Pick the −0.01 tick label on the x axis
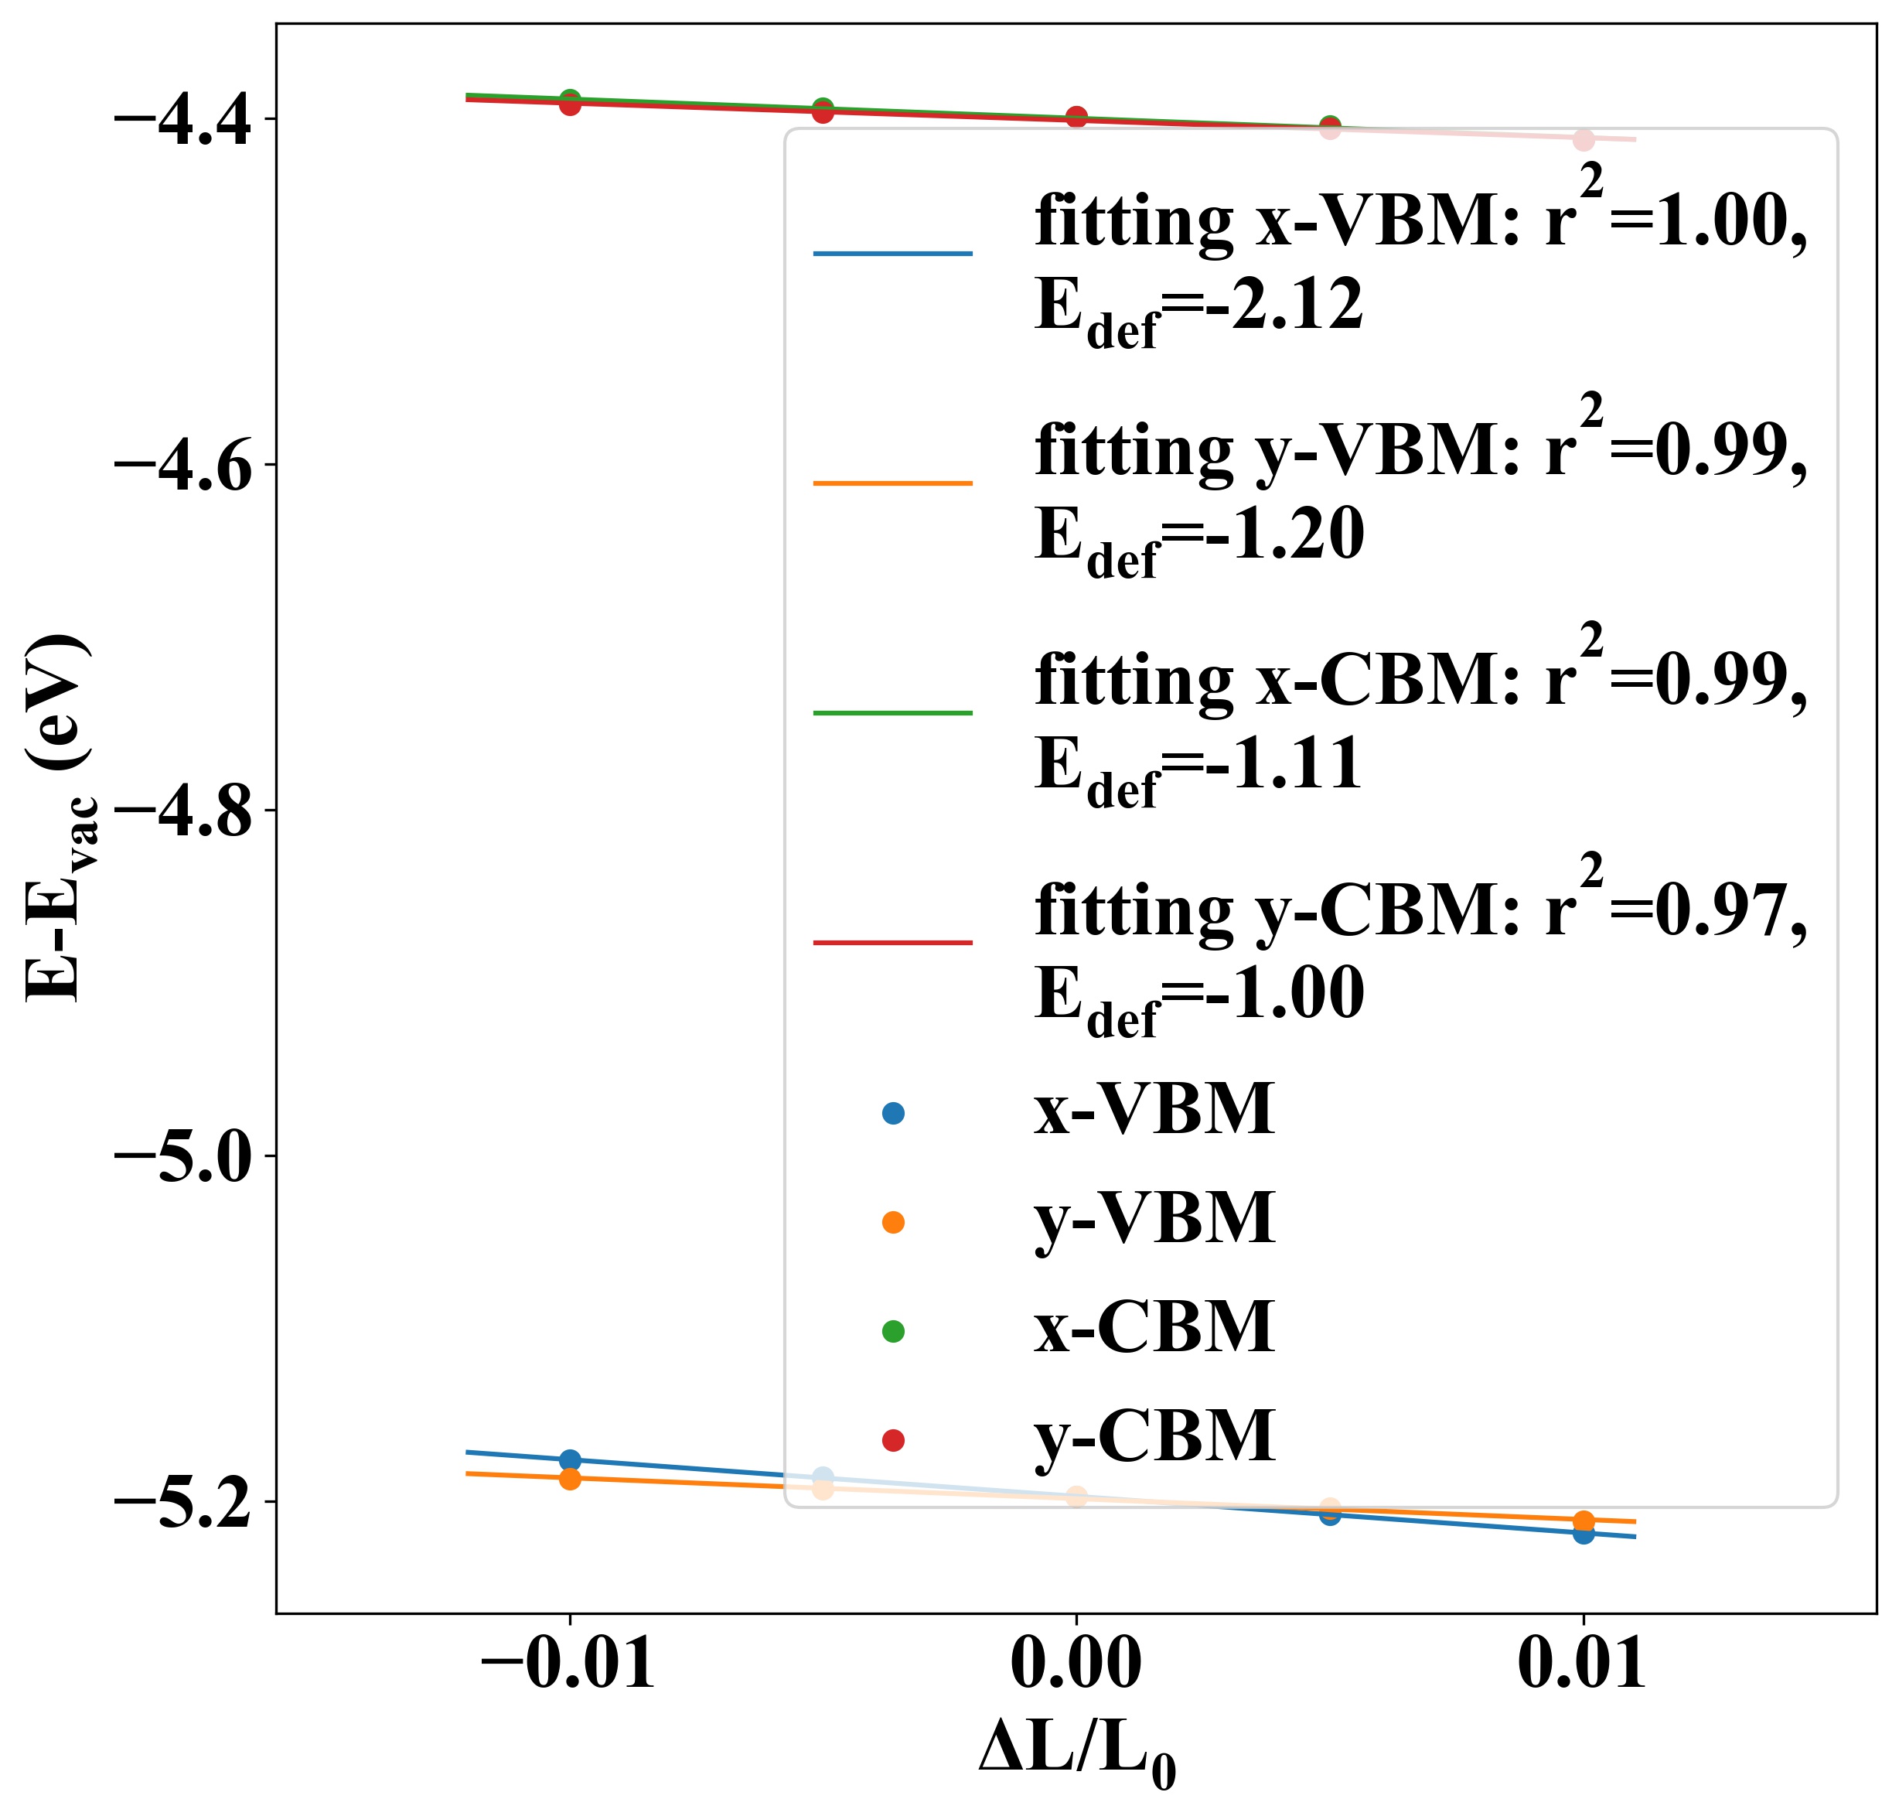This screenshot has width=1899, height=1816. tap(568, 1665)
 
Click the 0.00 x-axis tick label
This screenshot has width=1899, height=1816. tap(1076, 1665)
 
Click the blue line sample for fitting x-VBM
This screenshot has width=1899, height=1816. tap(892, 254)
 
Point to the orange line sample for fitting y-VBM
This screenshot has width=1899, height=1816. tap(892, 482)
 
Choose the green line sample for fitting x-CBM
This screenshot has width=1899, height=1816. tap(892, 712)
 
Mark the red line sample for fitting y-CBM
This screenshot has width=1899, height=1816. tap(892, 942)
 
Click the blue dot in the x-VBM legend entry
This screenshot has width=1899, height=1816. tap(893, 1113)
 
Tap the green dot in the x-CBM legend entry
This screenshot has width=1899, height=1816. tap(893, 1331)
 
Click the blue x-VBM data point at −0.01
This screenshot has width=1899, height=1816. tap(570, 1459)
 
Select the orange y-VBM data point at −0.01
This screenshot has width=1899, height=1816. tap(570, 1478)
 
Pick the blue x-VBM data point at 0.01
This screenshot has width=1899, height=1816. tap(1584, 1532)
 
